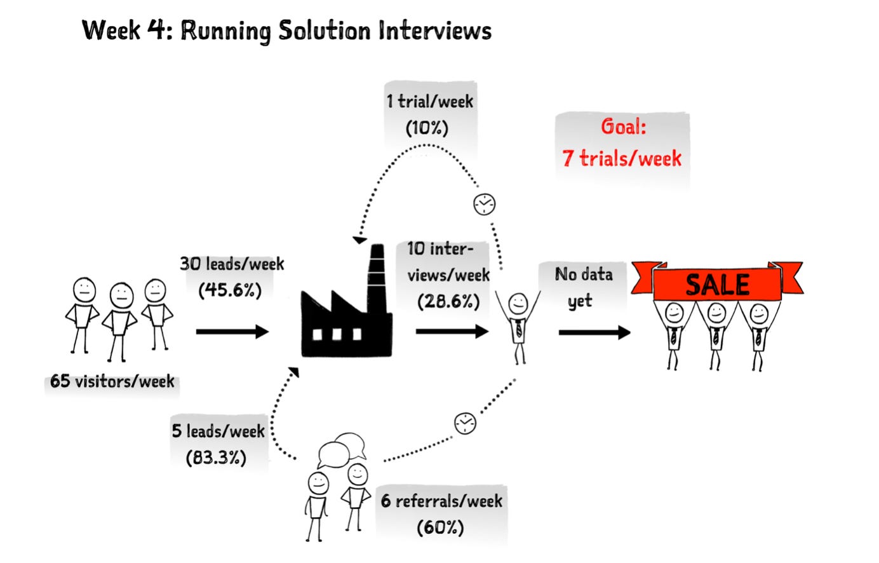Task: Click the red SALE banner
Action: (717, 281)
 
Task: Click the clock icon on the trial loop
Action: (484, 204)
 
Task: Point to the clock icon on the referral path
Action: (465, 423)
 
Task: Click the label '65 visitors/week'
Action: (112, 381)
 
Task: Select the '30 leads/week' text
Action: (232, 264)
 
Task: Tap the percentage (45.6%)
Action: (230, 290)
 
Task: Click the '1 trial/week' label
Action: (430, 101)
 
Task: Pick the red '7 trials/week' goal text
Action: (622, 158)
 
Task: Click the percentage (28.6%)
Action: (448, 302)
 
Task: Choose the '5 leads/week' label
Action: (218, 431)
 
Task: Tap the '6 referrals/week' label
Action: (441, 501)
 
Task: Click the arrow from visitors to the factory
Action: (232, 332)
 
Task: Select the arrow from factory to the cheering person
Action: (452, 331)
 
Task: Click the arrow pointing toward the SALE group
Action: (594, 332)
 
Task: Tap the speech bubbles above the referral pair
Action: (342, 449)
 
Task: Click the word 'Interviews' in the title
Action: (435, 31)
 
